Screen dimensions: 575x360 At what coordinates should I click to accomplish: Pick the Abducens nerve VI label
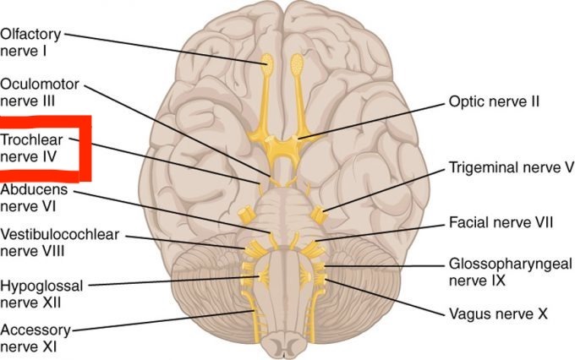pos(34,198)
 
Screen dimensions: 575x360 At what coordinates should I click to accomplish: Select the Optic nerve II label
pos(494,102)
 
